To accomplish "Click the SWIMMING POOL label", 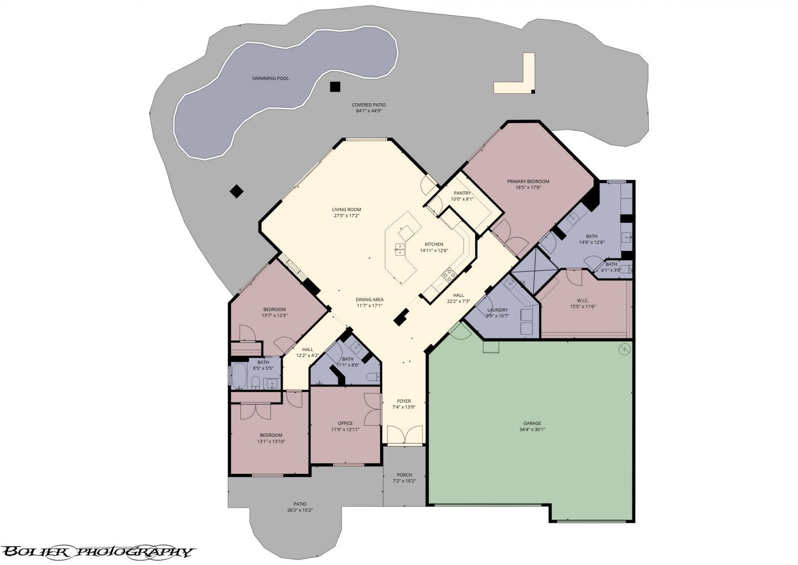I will pyautogui.click(x=270, y=78).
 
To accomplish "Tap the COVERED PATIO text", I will pyautogui.click(x=369, y=105).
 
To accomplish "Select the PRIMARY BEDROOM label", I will pyautogui.click(x=528, y=182).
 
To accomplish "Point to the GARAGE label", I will pyautogui.click(x=532, y=423).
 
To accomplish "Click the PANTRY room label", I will pyautogui.click(x=462, y=193).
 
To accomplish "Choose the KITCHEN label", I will pyautogui.click(x=434, y=244).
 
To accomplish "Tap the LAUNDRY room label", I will pyautogui.click(x=497, y=310).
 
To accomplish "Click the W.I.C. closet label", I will pyautogui.click(x=583, y=300).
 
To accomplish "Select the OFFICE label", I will pyautogui.click(x=345, y=423).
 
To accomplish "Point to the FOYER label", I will pyautogui.click(x=403, y=401).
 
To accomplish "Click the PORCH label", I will pyautogui.click(x=404, y=475).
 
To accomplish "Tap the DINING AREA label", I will pyautogui.click(x=370, y=300).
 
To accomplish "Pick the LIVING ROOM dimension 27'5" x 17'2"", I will pyautogui.click(x=347, y=216).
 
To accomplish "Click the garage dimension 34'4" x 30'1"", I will pyautogui.click(x=532, y=429).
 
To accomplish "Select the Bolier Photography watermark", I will pyautogui.click(x=97, y=552).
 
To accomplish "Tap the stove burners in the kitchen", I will pyautogui.click(x=449, y=273).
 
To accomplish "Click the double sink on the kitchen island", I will pyautogui.click(x=399, y=249).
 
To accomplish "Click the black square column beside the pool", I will pyautogui.click(x=335, y=87).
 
